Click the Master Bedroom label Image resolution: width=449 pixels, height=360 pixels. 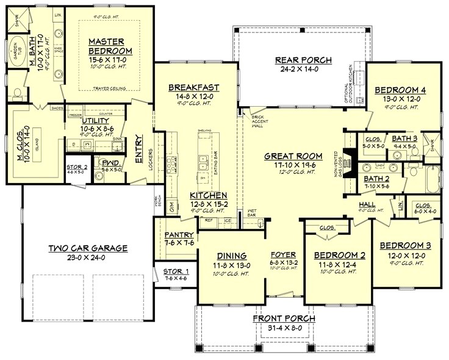click(x=106, y=46)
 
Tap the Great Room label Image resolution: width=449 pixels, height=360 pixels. click(x=289, y=156)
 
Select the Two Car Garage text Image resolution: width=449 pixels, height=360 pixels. click(x=88, y=248)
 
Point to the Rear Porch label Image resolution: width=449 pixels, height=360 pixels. click(x=303, y=60)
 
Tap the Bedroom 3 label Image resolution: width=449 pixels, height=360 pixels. click(x=405, y=245)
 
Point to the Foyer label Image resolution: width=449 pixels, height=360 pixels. click(x=284, y=255)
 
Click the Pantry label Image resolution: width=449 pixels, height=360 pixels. click(x=179, y=235)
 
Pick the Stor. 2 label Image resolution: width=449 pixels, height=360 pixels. click(x=77, y=166)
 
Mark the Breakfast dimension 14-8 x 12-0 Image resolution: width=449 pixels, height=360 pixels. click(x=193, y=96)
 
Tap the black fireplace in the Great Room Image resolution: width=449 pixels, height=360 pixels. click(x=349, y=162)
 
